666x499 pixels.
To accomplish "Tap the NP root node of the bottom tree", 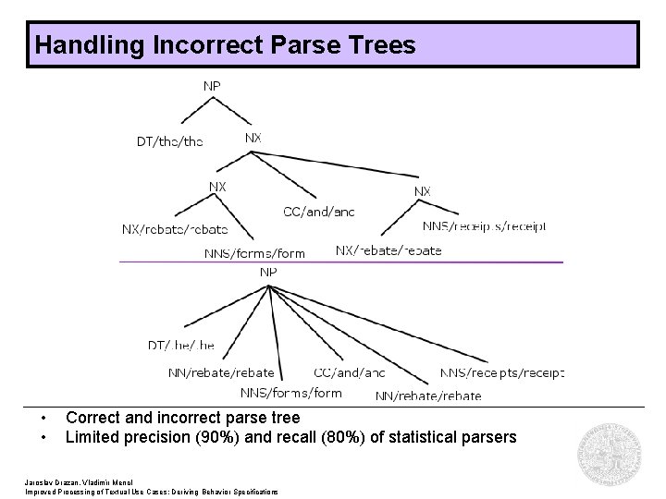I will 268,273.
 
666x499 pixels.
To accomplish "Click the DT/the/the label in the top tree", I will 169,141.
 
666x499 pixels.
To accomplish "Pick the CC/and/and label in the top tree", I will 318,212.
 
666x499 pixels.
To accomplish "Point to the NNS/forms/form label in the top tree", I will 254,253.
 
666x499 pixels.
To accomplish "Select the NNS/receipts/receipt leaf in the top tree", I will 485,225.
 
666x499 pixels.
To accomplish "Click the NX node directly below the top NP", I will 253,138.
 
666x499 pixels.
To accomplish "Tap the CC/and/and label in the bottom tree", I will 349,372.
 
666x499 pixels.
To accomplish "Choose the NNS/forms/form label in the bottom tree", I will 290,393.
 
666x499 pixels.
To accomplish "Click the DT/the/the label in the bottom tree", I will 181,345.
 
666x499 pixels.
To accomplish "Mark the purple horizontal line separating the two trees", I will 340,262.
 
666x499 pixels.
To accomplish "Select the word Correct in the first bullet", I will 93,418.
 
